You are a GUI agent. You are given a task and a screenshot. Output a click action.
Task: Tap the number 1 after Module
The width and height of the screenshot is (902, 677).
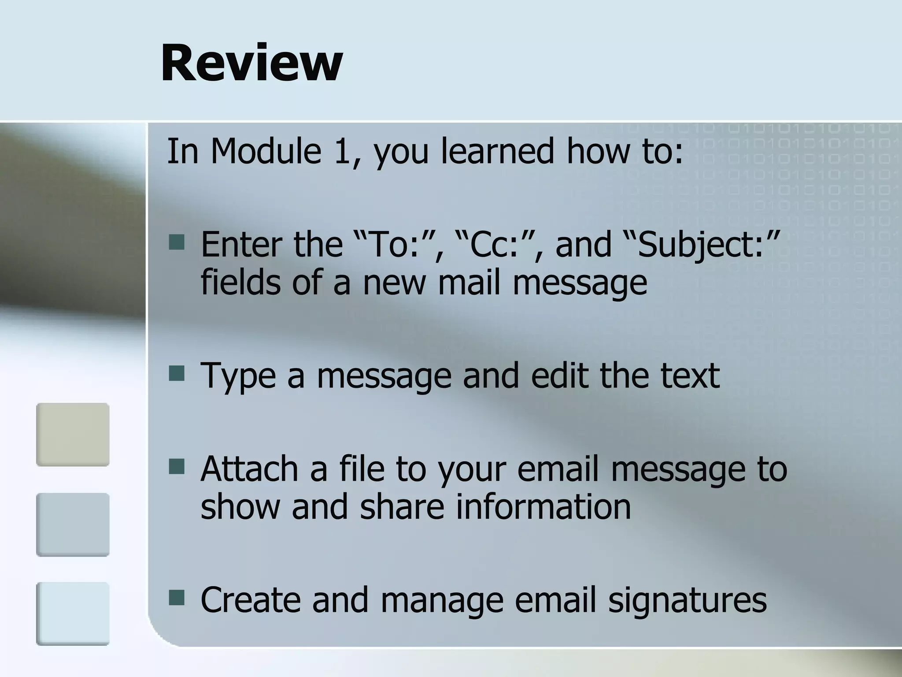click(342, 151)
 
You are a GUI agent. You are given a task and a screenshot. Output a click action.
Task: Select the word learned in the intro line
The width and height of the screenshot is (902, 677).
click(497, 151)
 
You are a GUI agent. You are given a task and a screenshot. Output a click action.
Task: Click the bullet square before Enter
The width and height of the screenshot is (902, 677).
click(177, 242)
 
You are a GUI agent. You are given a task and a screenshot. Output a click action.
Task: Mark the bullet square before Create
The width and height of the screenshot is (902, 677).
click(177, 598)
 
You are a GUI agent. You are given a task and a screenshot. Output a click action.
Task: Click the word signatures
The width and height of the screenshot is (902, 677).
click(687, 600)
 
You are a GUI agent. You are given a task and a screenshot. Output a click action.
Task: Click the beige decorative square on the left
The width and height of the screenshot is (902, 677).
click(73, 434)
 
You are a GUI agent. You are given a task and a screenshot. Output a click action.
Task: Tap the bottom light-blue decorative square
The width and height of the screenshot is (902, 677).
click(73, 614)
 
